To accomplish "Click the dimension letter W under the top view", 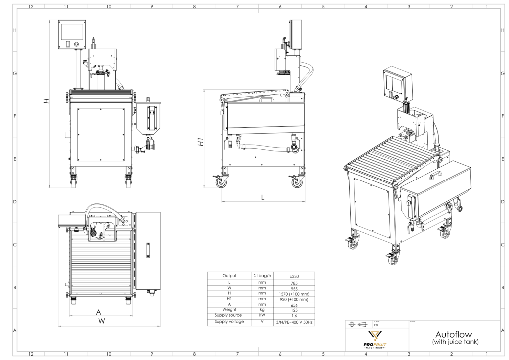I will pos(101,321).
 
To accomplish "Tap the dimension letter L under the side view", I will pos(263,196).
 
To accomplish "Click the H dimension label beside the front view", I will pos(46,101).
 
